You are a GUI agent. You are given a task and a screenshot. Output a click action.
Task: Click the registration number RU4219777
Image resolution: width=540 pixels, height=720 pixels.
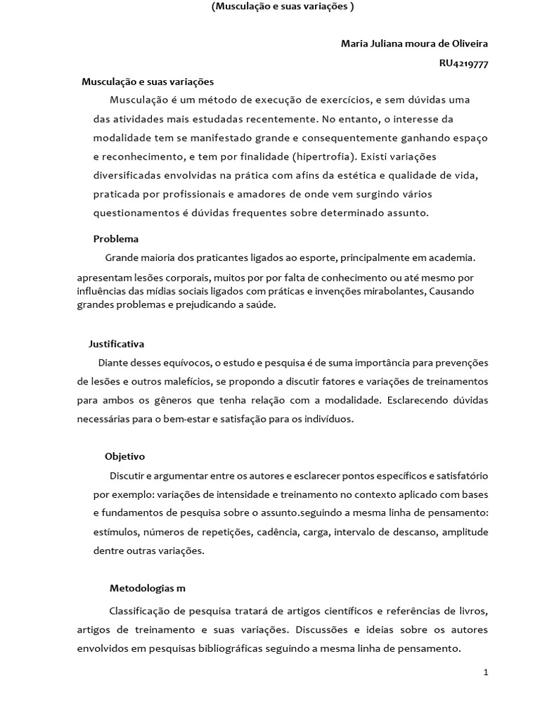463,63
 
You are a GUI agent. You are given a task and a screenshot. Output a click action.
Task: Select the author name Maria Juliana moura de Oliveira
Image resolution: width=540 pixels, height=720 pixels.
414,44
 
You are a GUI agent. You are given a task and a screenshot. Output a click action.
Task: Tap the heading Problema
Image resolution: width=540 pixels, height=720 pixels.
116,239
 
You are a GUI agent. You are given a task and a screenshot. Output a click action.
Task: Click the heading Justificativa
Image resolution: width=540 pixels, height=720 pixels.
117,344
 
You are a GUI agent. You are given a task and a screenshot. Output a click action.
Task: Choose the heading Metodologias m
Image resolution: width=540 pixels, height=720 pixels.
148,588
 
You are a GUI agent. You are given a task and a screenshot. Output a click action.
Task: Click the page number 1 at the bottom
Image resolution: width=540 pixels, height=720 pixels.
486,672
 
